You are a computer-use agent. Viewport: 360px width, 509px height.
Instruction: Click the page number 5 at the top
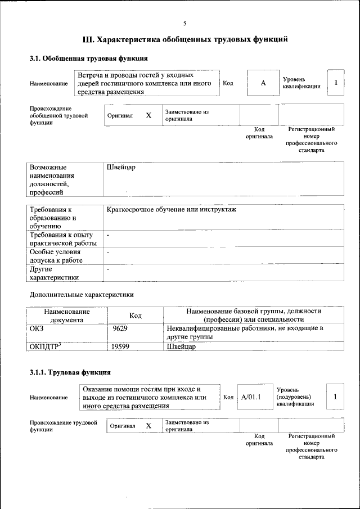point(184,23)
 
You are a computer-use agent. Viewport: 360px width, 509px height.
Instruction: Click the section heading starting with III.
point(185,39)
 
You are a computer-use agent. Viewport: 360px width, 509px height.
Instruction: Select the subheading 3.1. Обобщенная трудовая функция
point(88,58)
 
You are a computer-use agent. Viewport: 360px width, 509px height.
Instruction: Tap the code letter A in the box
point(263,83)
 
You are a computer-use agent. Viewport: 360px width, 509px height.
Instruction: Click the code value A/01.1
point(251,397)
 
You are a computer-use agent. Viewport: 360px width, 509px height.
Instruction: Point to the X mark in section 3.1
point(148,115)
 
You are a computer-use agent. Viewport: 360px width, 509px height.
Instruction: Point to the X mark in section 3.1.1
point(148,426)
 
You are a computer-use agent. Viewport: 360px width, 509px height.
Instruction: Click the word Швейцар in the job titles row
point(121,168)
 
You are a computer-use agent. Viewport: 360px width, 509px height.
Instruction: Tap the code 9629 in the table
point(120,328)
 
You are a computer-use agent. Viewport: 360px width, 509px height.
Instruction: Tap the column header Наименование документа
point(67,315)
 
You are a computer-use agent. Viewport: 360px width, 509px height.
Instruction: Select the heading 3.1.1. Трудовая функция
point(70,372)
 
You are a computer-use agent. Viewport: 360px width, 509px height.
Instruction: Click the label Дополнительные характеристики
point(82,294)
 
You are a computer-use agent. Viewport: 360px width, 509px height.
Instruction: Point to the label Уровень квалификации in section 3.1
point(301,83)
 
